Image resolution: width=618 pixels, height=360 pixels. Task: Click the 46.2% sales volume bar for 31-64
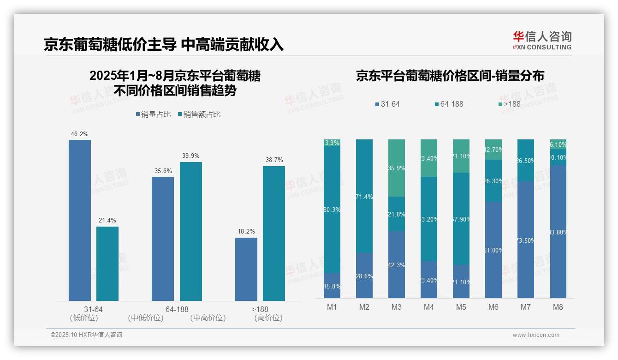point(80,220)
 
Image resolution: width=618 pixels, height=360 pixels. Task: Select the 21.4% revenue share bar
point(107,264)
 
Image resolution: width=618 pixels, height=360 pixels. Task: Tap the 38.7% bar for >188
point(274,234)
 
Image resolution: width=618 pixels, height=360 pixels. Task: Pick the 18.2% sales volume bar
point(246,269)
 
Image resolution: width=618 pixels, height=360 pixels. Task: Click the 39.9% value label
point(191,156)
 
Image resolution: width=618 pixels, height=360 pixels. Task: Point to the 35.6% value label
point(163,171)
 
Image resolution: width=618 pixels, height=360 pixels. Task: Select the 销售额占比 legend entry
point(199,114)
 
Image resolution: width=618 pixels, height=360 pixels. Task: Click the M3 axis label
point(397,307)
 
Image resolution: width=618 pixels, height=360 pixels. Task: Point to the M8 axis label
point(558,307)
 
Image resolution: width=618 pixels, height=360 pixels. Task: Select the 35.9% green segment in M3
point(397,168)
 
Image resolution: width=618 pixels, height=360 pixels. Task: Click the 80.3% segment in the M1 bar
point(332,210)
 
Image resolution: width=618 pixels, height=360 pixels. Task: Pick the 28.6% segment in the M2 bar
point(364,276)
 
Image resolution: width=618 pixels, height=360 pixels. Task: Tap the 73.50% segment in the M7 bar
point(526,240)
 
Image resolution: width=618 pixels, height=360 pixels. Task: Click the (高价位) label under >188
point(268,318)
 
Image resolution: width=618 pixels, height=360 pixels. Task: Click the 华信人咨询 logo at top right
point(542,40)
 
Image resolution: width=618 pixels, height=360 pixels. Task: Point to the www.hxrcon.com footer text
point(535,335)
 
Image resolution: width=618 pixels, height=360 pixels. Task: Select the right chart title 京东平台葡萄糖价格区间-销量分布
point(450,76)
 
